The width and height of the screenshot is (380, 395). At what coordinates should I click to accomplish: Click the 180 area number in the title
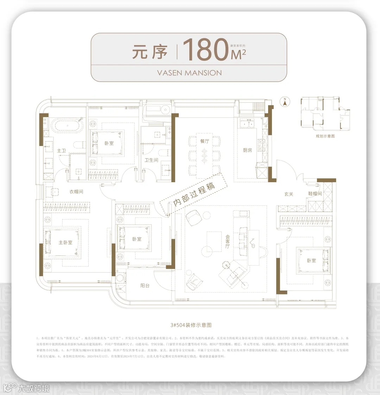tap(205, 50)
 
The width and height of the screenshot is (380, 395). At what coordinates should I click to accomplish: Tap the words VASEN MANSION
tap(189, 73)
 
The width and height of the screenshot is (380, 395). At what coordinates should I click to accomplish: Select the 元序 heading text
tap(150, 52)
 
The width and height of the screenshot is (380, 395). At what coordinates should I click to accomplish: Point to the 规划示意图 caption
tap(325, 136)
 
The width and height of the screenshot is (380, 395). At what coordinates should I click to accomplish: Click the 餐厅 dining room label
tap(204, 141)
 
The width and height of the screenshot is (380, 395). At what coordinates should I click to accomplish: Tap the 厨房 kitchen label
tap(247, 150)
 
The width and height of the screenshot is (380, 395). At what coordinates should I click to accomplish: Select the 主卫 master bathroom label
tap(61, 151)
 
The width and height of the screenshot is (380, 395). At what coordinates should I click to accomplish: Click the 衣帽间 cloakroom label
tap(76, 192)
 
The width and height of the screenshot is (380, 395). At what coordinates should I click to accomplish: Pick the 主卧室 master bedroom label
tap(65, 242)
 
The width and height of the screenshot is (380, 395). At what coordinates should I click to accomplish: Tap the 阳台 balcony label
tap(145, 286)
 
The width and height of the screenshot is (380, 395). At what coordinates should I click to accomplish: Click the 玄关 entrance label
tap(289, 194)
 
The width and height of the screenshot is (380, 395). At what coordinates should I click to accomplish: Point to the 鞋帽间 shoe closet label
tap(315, 193)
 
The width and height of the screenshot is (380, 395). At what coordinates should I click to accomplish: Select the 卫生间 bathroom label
tap(151, 160)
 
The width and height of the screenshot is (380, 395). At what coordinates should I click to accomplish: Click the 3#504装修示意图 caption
tap(190, 325)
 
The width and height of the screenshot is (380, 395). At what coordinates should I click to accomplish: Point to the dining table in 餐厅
tap(204, 154)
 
